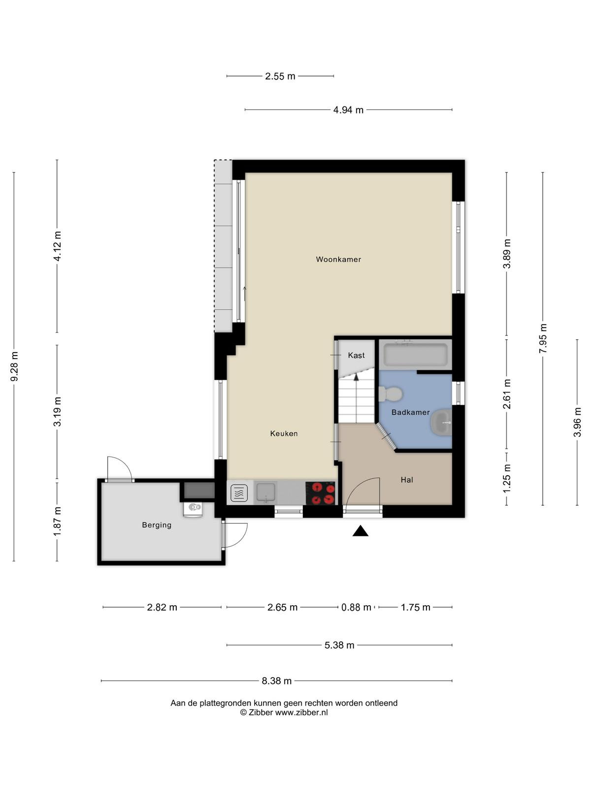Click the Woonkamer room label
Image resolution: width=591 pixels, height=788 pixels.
click(x=338, y=259)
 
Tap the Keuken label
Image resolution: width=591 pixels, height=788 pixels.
click(x=284, y=433)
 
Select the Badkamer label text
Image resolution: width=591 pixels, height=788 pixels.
click(x=411, y=412)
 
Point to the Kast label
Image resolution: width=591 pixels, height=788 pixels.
click(x=356, y=355)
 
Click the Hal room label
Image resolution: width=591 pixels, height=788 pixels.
click(x=407, y=480)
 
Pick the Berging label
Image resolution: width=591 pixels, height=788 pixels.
click(x=157, y=525)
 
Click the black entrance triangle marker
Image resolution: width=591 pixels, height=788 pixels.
click(x=361, y=531)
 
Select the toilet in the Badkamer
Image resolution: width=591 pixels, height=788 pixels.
click(x=391, y=394)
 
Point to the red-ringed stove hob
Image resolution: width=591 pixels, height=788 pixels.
click(x=321, y=493)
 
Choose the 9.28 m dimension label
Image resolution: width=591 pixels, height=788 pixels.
click(x=14, y=366)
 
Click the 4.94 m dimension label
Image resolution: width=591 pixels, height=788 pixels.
click(x=348, y=110)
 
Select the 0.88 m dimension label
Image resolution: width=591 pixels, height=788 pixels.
click(x=356, y=607)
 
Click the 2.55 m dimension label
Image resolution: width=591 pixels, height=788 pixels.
click(x=280, y=76)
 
